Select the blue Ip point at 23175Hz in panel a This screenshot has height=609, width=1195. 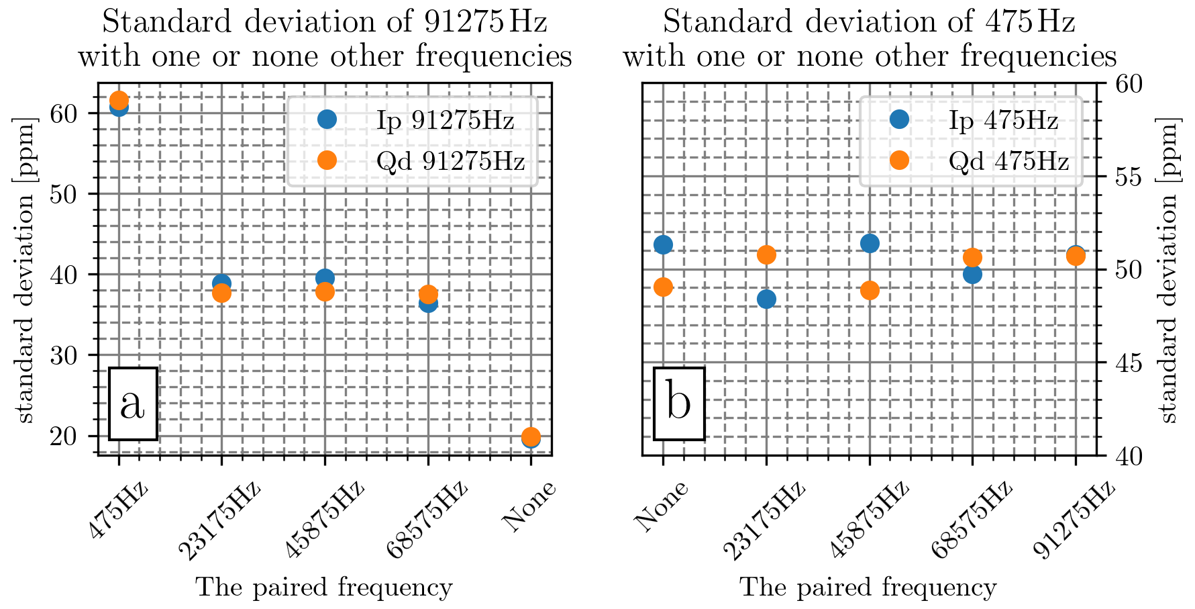pos(221,283)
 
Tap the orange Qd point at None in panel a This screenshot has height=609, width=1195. pos(531,436)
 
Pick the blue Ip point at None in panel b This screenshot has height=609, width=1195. pos(663,244)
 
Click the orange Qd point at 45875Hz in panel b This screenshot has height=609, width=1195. pos(870,290)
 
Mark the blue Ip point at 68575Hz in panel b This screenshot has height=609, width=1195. pos(972,274)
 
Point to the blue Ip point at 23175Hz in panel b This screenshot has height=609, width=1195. pos(766,299)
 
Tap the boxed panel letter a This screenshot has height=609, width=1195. pos(133,404)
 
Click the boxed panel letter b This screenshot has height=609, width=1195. pos(679,404)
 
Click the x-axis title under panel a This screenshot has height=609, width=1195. pos(324,588)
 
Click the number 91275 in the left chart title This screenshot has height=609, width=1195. pos(462,22)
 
